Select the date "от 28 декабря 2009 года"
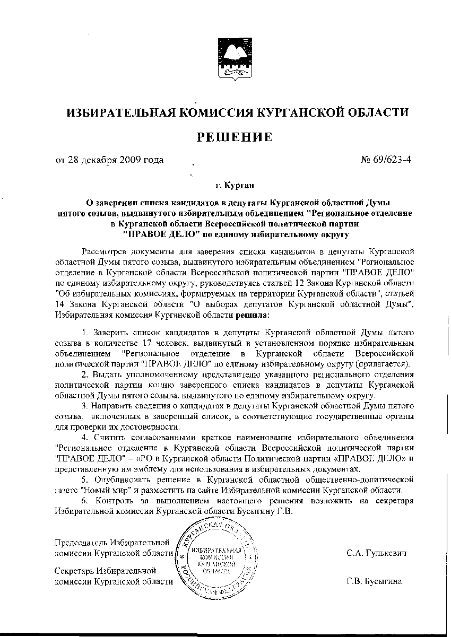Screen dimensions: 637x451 [110, 160]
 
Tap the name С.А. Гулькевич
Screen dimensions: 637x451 [377, 553]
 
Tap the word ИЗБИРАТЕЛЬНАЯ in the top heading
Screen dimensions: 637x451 [123, 113]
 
